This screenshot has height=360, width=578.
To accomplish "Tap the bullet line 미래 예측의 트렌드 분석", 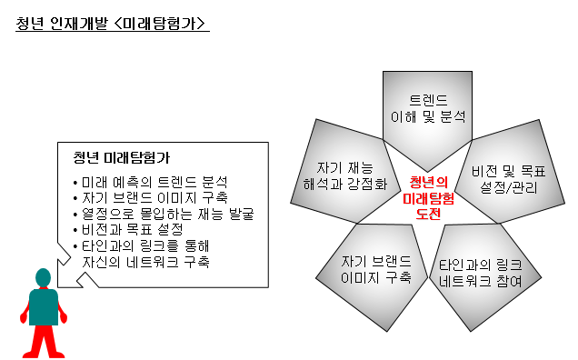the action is click(x=149, y=182).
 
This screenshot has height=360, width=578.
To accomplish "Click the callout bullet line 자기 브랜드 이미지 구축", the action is click(x=149, y=198).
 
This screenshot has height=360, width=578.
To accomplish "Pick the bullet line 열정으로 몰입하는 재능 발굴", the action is click(x=162, y=214).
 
